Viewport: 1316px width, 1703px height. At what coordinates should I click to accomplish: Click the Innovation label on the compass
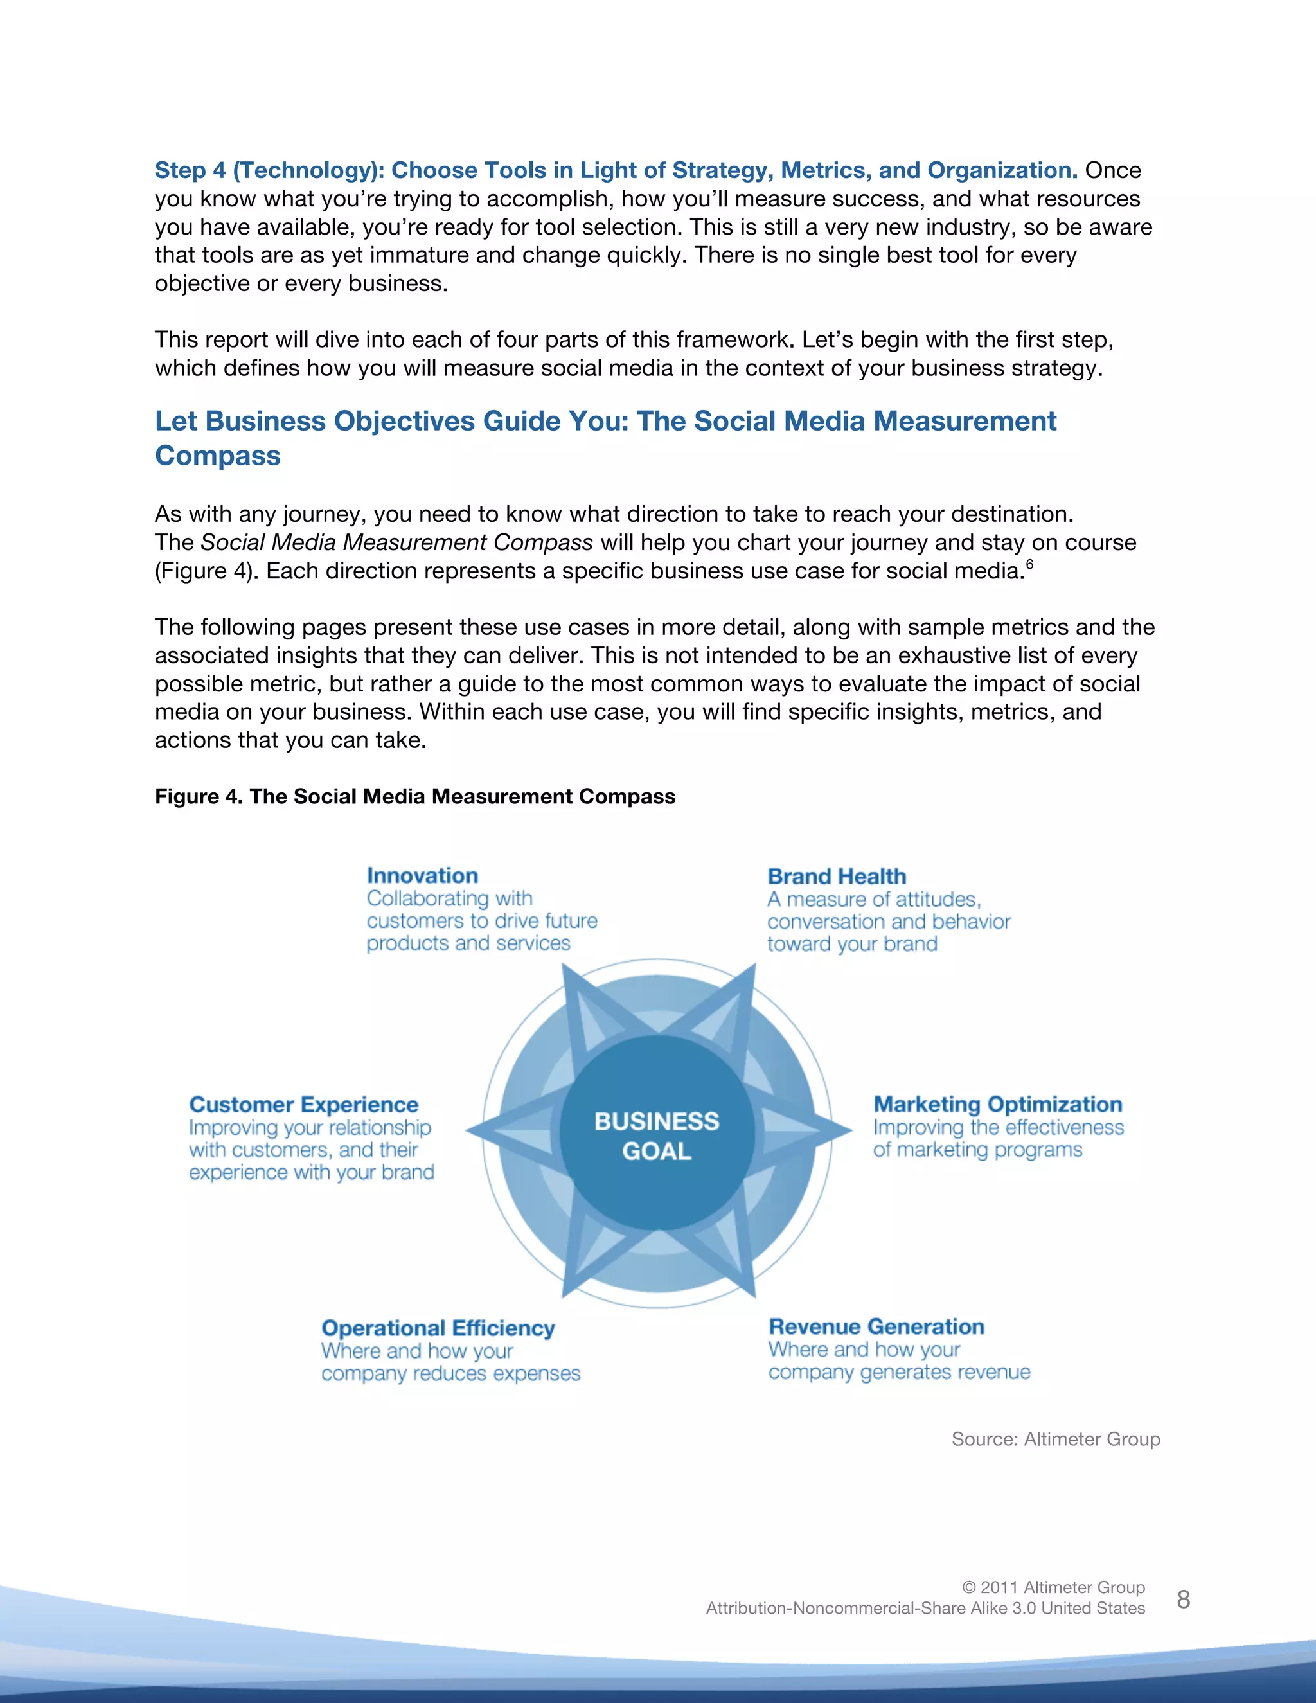[x=422, y=876]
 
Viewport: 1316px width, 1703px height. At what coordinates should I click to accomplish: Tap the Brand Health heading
[x=837, y=877]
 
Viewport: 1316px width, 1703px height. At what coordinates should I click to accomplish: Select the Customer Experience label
[x=303, y=1105]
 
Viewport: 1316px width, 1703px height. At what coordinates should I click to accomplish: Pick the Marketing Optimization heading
[x=997, y=1104]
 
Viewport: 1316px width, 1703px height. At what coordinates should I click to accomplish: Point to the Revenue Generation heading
[x=876, y=1326]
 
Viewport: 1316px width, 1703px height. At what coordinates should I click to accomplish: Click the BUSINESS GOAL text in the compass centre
[x=657, y=1136]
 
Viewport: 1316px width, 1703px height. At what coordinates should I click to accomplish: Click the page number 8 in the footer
[x=1183, y=1600]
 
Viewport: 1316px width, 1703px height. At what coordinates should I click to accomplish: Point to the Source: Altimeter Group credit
[x=1056, y=1439]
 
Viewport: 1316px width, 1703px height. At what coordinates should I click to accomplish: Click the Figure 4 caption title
[x=414, y=796]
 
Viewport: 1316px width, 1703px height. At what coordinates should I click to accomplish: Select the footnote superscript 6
[x=1029, y=564]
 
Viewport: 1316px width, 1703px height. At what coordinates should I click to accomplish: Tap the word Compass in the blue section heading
[x=218, y=456]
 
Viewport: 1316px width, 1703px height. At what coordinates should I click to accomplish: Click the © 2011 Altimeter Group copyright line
[x=1053, y=1587]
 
